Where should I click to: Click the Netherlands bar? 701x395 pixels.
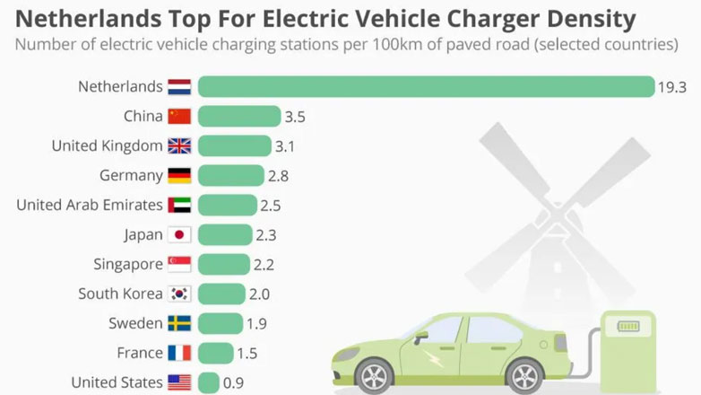pyautogui.click(x=426, y=86)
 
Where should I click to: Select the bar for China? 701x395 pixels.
pyautogui.click(x=238, y=116)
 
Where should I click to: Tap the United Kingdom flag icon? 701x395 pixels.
pyautogui.click(x=179, y=145)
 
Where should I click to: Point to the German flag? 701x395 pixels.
pyautogui.click(x=179, y=175)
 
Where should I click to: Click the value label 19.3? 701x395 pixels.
pyautogui.click(x=671, y=87)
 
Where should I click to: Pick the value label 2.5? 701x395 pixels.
pyautogui.click(x=271, y=206)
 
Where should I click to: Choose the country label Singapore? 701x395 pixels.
pyautogui.click(x=128, y=264)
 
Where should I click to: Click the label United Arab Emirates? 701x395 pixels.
pyautogui.click(x=90, y=205)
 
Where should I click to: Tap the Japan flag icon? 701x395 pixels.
pyautogui.click(x=179, y=234)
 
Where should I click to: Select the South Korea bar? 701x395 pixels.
pyautogui.click(x=221, y=294)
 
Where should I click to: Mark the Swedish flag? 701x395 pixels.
pyautogui.click(x=179, y=323)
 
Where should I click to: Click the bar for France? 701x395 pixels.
pyautogui.click(x=215, y=353)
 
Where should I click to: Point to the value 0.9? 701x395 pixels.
pyautogui.click(x=233, y=382)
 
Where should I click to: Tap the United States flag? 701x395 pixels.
pyautogui.click(x=179, y=382)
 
